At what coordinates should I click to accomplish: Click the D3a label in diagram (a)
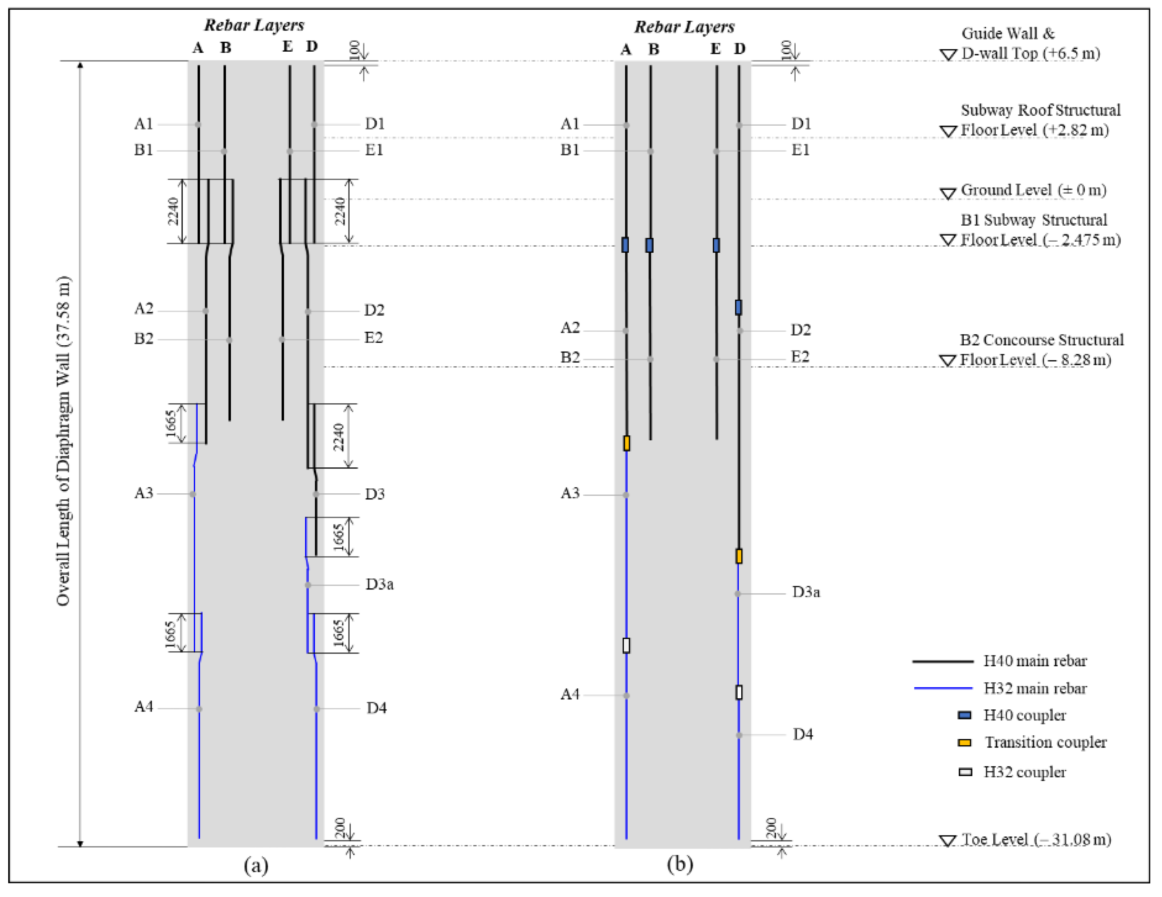pyautogui.click(x=380, y=584)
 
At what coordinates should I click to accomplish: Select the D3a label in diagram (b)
pyautogui.click(x=806, y=592)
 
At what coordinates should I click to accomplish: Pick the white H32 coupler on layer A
pyautogui.click(x=626, y=645)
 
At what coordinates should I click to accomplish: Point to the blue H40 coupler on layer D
pyautogui.click(x=738, y=307)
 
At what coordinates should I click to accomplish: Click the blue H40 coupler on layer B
pyautogui.click(x=649, y=245)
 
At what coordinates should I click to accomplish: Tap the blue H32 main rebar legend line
pyautogui.click(x=943, y=688)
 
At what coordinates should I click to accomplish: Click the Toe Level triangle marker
pyautogui.click(x=947, y=841)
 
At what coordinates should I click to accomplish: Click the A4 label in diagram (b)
pyautogui.click(x=570, y=694)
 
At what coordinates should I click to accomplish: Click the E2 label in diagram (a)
pyautogui.click(x=373, y=337)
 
